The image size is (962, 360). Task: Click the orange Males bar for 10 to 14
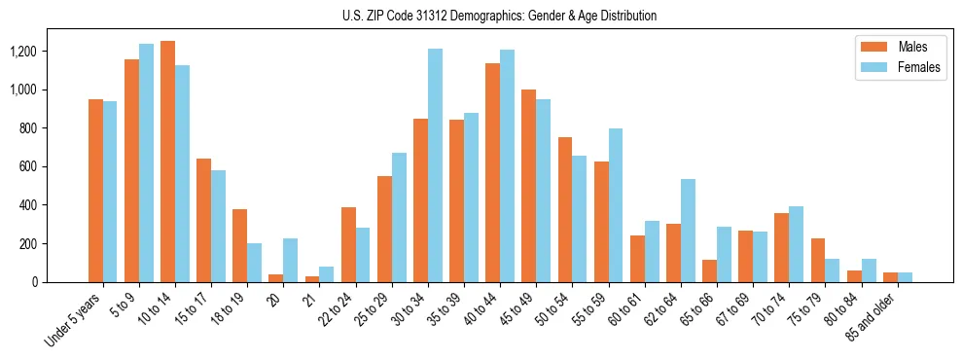click(x=168, y=162)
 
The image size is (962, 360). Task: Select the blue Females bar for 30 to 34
click(x=435, y=165)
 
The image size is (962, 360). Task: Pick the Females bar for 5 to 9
click(x=146, y=162)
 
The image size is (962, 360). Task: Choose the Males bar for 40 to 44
click(x=493, y=172)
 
